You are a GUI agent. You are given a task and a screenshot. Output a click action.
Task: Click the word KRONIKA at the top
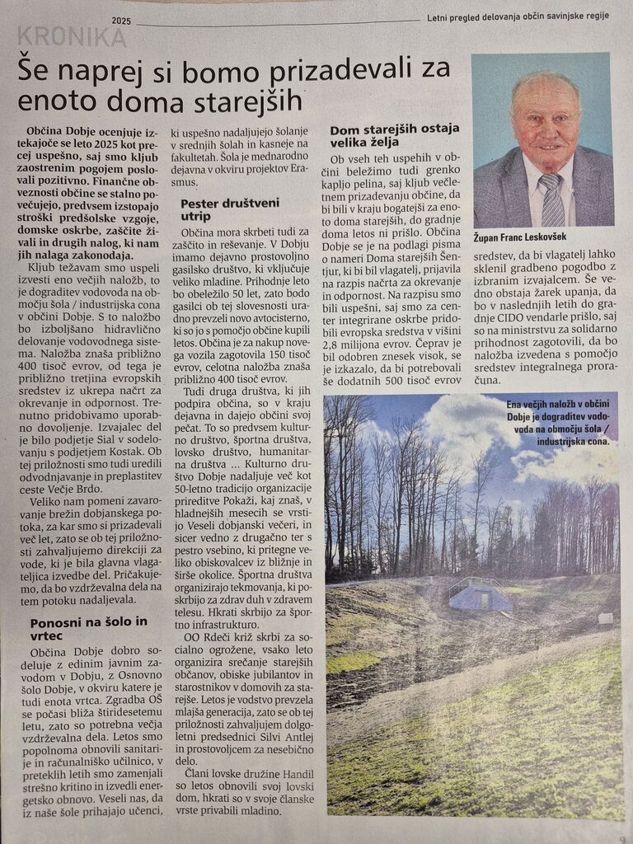click(72, 37)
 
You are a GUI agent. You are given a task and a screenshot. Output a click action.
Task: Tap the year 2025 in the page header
click(121, 20)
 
